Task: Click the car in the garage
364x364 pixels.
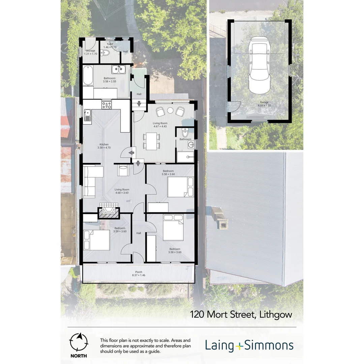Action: coord(259,67)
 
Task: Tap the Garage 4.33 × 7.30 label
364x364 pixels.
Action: coord(264,104)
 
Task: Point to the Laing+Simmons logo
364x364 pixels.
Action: coord(249,345)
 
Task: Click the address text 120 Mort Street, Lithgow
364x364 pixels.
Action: coord(241,314)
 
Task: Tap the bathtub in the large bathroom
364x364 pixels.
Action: coord(88,75)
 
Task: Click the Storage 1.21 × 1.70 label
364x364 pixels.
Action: coord(90,52)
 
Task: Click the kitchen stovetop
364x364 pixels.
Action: coord(107,105)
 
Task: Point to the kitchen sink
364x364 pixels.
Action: coord(87,115)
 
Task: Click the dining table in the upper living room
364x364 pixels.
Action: coord(151,141)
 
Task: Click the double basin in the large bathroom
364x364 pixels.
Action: coord(119,69)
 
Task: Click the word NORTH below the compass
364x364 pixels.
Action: coord(78,356)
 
